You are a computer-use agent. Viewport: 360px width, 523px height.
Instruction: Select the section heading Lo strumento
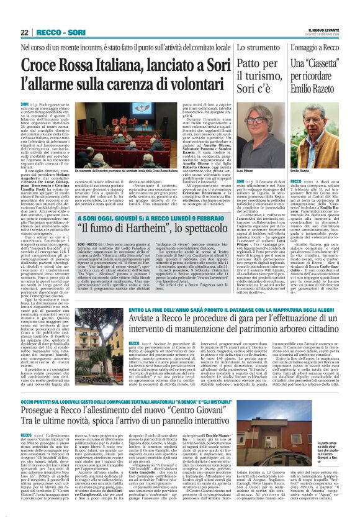tap(252, 47)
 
